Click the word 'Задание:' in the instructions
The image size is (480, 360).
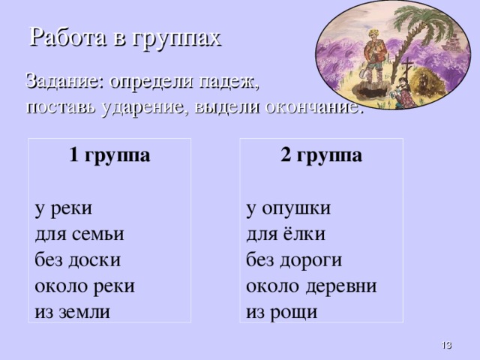coord(65,79)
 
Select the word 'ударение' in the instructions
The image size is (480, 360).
coord(148,106)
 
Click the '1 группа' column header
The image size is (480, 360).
coord(109,156)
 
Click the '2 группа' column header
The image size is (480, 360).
coord(321,156)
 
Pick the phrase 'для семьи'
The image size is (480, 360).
coord(79,233)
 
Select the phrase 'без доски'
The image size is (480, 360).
coord(78,259)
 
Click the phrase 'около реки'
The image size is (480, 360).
coord(85,286)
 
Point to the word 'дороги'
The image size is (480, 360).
coord(315,259)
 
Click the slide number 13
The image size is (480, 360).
coord(445,344)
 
